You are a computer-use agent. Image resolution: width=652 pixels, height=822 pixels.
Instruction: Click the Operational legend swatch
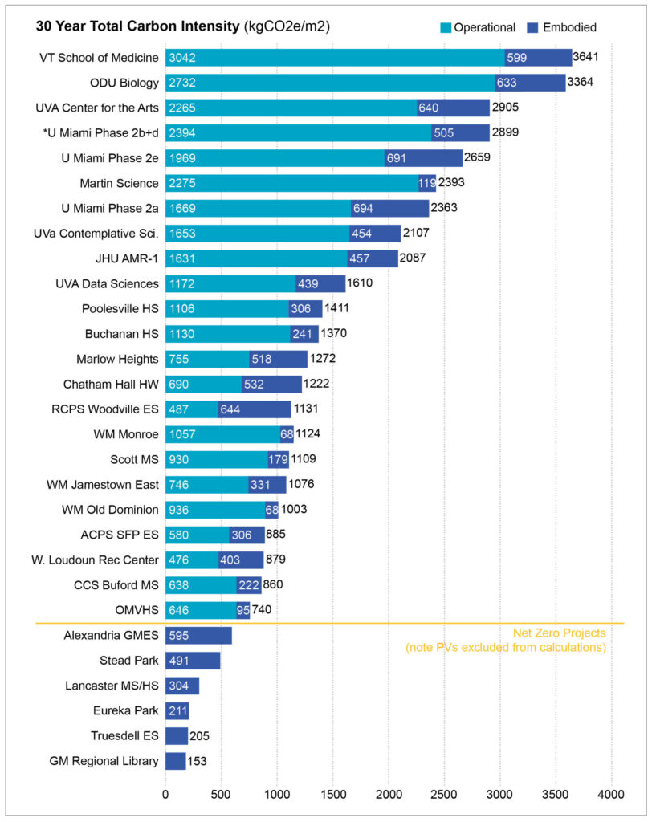(x=444, y=27)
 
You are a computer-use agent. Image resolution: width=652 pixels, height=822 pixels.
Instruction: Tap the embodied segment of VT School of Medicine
(x=538, y=58)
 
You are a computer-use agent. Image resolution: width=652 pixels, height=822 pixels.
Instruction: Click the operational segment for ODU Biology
(x=329, y=83)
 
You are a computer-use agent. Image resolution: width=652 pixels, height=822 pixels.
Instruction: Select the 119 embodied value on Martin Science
(x=427, y=184)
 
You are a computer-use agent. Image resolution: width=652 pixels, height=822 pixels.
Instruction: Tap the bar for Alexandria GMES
(x=198, y=636)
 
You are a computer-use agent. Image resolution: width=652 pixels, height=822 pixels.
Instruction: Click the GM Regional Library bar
(x=176, y=761)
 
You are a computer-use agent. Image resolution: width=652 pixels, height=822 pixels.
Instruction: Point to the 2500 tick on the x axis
(x=445, y=795)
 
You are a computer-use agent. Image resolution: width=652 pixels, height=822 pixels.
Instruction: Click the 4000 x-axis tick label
(x=611, y=795)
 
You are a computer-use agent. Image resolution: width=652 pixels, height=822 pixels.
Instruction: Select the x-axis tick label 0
(x=165, y=795)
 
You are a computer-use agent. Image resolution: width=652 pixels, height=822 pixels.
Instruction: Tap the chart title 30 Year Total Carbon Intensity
(x=137, y=27)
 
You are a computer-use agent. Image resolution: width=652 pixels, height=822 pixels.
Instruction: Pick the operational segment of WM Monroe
(x=222, y=434)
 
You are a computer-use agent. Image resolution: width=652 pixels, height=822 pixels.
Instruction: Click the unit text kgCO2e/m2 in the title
(x=287, y=27)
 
